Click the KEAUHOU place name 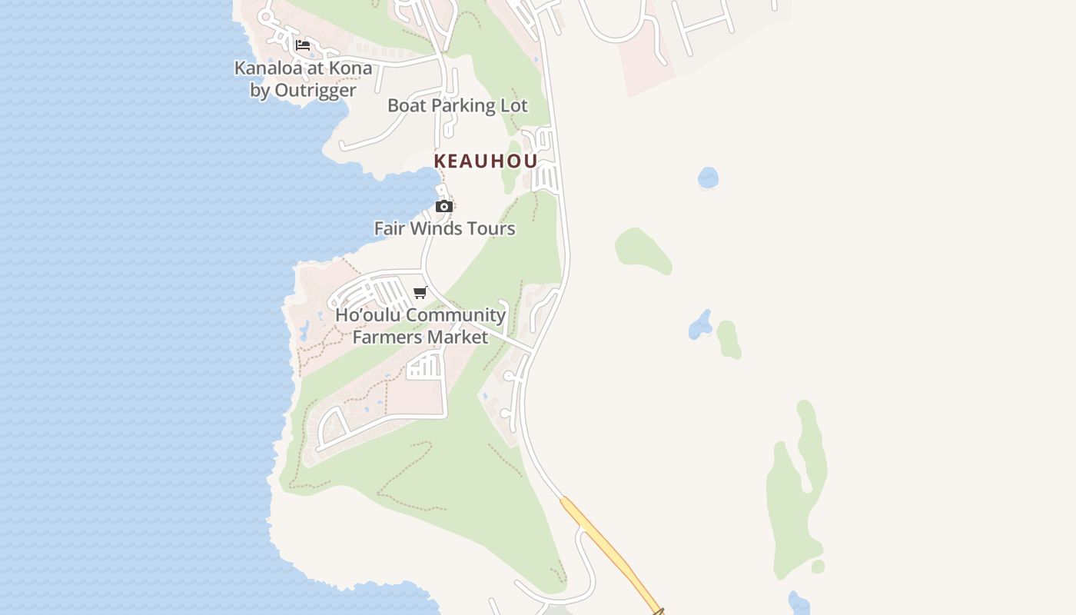point(485,161)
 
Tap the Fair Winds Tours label point(444,228)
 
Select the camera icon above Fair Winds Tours point(444,206)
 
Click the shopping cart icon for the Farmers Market point(420,292)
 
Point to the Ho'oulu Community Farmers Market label point(420,326)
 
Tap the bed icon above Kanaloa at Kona point(303,45)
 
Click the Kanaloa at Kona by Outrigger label point(303,78)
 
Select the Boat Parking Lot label point(457,105)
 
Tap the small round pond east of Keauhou point(708,178)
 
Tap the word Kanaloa point(267,68)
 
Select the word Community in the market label point(456,315)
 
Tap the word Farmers point(387,337)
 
